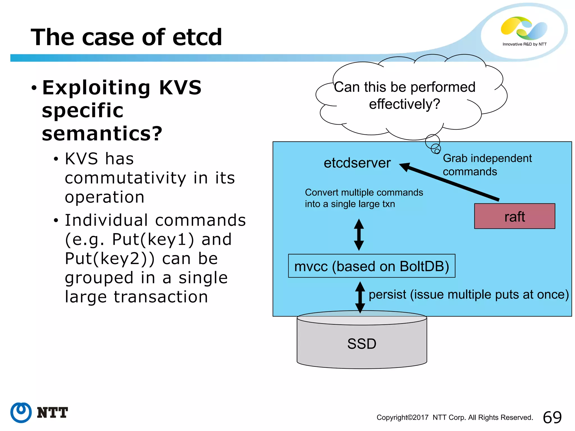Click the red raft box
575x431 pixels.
514,216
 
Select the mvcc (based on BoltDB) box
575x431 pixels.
371,266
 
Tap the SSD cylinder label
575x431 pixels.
362,344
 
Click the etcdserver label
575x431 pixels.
357,163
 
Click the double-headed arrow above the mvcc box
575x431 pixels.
359,235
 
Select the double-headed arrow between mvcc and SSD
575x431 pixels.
360,297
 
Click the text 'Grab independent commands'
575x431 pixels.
487,165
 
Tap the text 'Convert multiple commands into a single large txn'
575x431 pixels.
364,198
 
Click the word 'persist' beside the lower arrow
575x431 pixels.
387,295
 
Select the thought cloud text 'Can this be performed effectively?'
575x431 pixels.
404,95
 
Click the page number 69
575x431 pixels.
552,417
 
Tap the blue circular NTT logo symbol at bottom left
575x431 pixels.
21,412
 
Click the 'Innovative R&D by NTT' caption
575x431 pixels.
524,44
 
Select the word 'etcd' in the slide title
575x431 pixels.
197,37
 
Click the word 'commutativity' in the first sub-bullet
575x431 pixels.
125,178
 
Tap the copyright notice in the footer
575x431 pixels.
455,418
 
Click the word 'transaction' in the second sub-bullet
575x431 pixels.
161,297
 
